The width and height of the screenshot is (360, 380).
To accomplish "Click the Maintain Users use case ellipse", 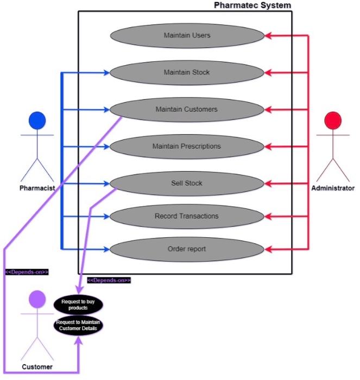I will pyautogui.click(x=187, y=36).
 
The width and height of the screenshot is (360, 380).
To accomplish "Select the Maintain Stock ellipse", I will pyautogui.click(x=187, y=72).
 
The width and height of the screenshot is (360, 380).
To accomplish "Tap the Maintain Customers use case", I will pyautogui.click(x=187, y=109).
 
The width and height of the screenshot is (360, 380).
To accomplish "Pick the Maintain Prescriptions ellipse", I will pyautogui.click(x=187, y=146).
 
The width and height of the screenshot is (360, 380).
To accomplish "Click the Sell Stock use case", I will pyautogui.click(x=187, y=183).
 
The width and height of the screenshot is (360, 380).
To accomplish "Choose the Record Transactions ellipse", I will pyautogui.click(x=187, y=216).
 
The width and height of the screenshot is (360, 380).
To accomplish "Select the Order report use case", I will pyautogui.click(x=187, y=250).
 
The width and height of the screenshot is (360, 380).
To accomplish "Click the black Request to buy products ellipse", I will pyautogui.click(x=78, y=304).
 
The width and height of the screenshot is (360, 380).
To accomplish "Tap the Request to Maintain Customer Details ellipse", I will pyautogui.click(x=78, y=325).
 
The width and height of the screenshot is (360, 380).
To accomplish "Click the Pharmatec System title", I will pyautogui.click(x=252, y=5).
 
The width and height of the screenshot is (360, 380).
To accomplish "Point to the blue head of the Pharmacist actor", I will pyautogui.click(x=37, y=120).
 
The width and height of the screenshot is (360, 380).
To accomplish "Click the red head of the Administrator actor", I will pyautogui.click(x=332, y=120).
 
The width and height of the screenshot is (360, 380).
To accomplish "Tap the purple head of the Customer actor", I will pyautogui.click(x=36, y=299).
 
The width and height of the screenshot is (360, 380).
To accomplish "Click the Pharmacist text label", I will pyautogui.click(x=37, y=188).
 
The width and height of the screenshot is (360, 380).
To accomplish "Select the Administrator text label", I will pyautogui.click(x=332, y=188).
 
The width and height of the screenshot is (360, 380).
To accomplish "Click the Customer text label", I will pyautogui.click(x=37, y=367).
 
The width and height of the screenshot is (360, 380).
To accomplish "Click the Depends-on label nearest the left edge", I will pyautogui.click(x=27, y=272).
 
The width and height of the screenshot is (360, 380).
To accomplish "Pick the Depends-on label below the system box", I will pyautogui.click(x=109, y=280).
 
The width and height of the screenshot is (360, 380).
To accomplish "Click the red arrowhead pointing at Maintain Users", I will pyautogui.click(x=268, y=36).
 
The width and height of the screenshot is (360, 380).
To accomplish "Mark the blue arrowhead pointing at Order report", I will pyautogui.click(x=106, y=250).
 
